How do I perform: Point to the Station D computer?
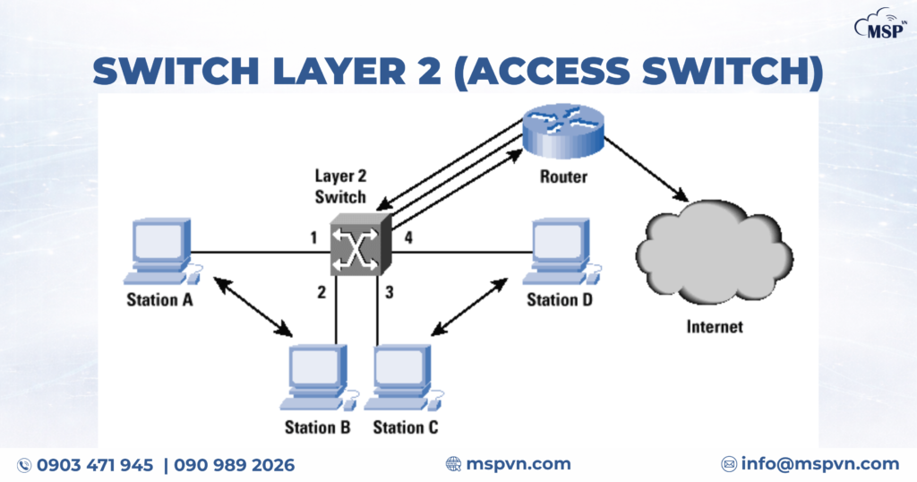coord(561,246)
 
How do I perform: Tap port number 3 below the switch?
coord(390,291)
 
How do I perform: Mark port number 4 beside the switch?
coord(407,238)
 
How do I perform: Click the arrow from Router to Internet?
coord(644,169)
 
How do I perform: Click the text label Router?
coord(563,176)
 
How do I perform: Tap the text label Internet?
coord(714,326)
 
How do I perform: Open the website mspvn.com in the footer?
coord(518,464)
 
